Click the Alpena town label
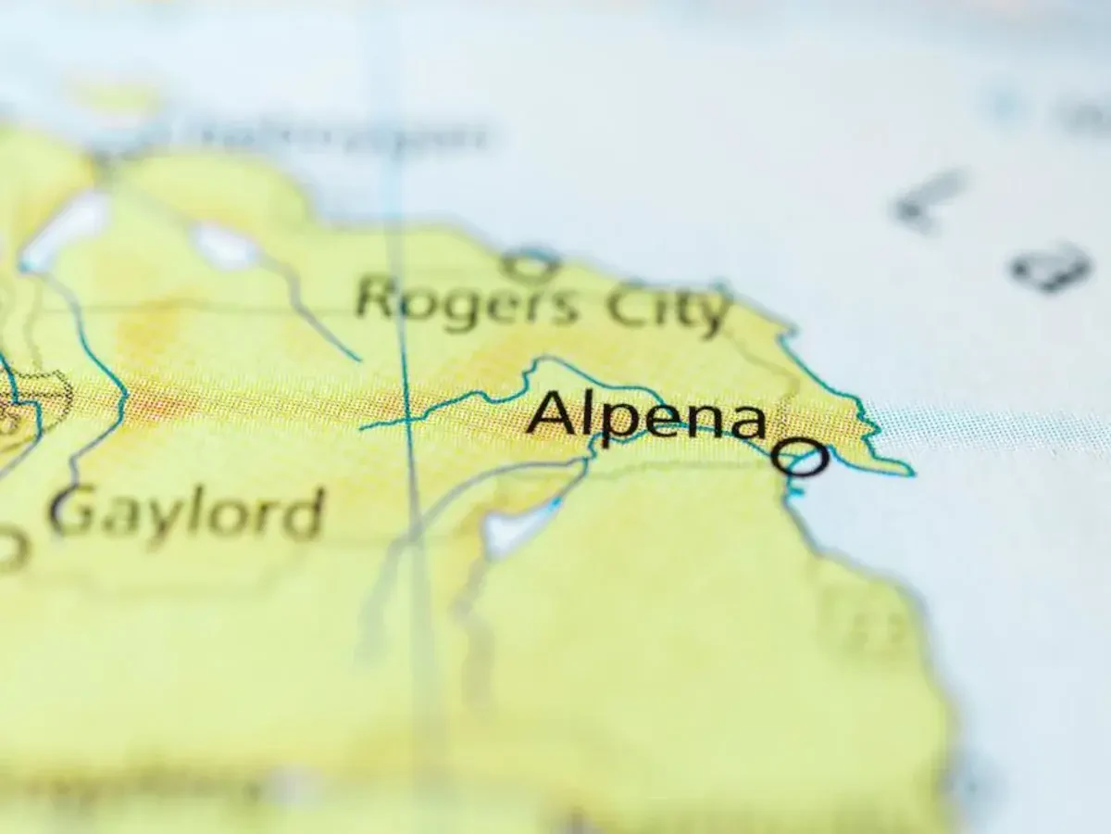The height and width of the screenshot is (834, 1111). (646, 414)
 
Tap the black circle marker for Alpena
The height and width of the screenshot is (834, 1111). (801, 458)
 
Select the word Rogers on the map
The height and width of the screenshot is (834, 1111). (468, 300)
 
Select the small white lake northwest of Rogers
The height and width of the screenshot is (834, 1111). (225, 246)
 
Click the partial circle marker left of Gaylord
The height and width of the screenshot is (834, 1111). (11, 550)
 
